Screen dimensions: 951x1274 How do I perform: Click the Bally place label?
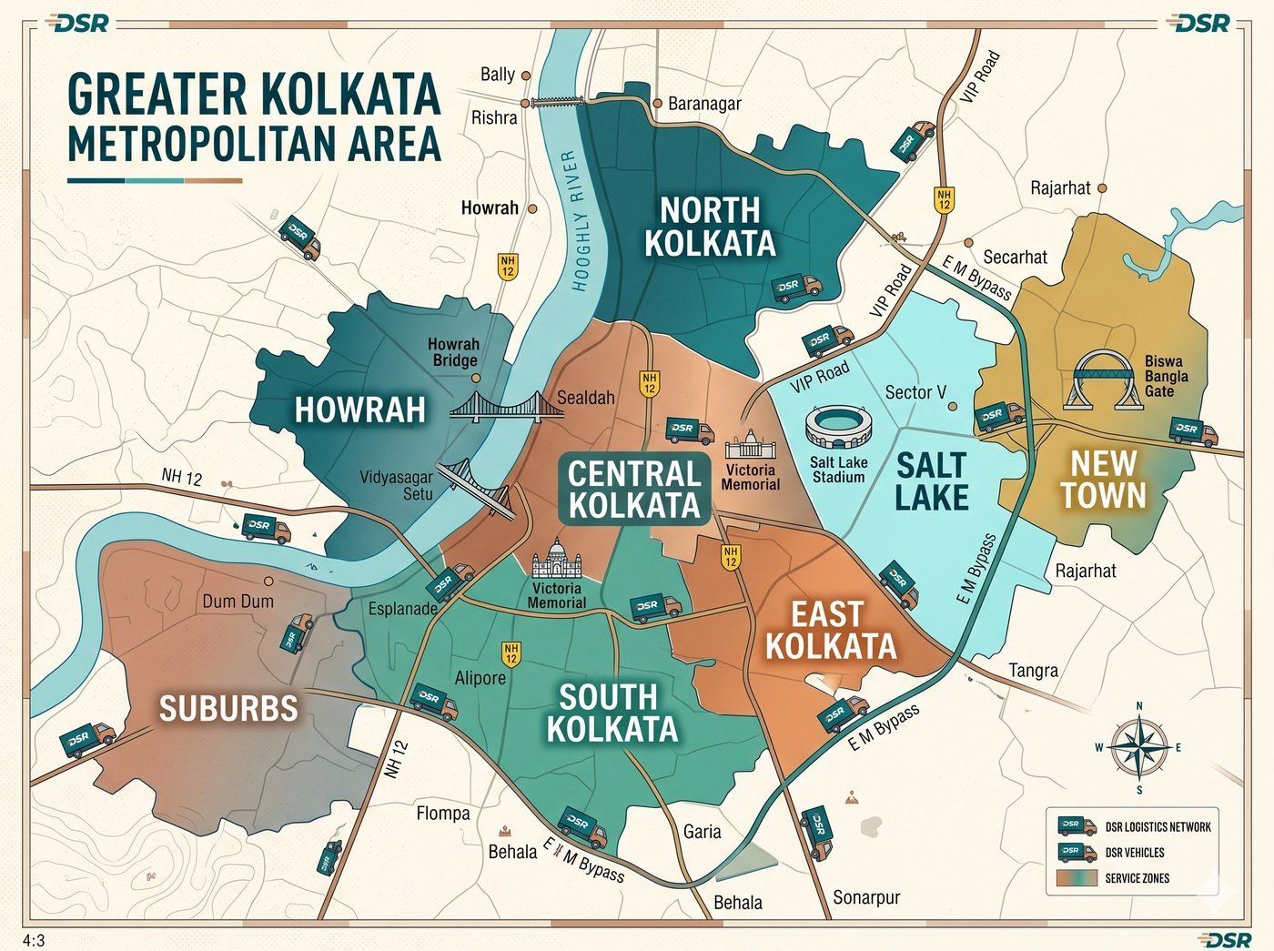tap(497, 75)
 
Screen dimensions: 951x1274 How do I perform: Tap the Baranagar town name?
tap(703, 104)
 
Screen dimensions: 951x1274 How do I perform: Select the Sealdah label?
tap(585, 398)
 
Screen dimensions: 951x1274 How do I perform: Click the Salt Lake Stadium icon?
tap(837, 428)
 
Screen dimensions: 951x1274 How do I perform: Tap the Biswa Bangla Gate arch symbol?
tap(1106, 379)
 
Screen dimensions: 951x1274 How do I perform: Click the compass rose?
tap(1138, 747)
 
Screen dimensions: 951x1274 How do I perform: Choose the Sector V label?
tap(915, 392)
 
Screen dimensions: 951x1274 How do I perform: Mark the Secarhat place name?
tap(1015, 258)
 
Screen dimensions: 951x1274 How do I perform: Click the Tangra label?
tap(1033, 671)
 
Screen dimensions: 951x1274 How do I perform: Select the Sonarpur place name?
tap(866, 897)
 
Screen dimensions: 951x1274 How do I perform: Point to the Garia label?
tap(702, 831)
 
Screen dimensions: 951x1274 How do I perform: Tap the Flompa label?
tap(443, 813)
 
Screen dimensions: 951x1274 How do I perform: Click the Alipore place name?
tap(480, 678)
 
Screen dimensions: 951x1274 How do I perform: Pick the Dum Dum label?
tap(238, 602)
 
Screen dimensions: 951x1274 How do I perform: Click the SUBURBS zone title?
tap(228, 708)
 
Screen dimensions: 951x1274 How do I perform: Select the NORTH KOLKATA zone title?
tap(710, 227)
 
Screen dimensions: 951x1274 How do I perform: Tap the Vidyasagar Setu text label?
tap(396, 485)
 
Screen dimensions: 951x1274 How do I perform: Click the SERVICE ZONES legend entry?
tap(1137, 878)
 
